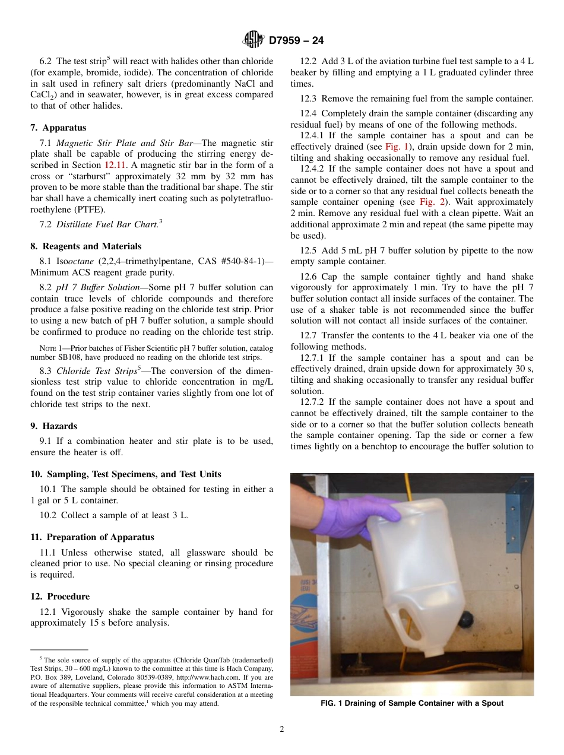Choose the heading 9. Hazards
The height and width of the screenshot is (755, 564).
tap(54, 426)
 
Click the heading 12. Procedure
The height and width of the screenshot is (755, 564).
tap(60, 597)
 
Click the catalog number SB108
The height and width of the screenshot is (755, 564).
tap(71, 357)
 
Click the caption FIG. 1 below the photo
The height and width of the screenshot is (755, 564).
tap(411, 703)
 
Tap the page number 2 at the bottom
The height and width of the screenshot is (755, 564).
tap(282, 729)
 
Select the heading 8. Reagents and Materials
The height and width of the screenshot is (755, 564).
tap(86, 246)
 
